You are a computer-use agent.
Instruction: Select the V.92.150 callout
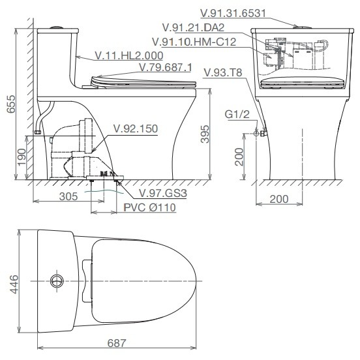[x=136, y=128]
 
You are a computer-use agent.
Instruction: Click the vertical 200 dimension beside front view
[x=239, y=157]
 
